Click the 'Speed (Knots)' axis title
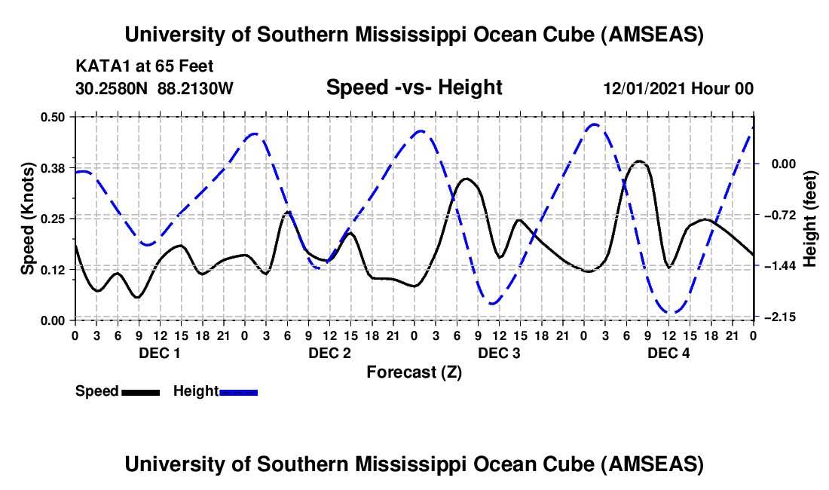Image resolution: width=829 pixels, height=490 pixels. (27, 219)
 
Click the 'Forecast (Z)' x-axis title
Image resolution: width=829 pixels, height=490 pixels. (414, 372)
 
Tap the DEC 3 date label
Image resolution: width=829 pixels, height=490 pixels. (498, 353)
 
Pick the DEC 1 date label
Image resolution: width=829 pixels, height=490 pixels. (159, 353)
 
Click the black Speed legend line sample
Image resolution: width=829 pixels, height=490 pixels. (140, 391)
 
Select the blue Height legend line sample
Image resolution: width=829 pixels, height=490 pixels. (239, 391)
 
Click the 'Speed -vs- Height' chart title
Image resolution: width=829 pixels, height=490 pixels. (414, 87)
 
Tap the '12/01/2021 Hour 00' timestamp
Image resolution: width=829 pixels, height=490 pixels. (678, 89)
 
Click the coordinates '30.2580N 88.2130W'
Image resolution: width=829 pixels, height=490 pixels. (154, 89)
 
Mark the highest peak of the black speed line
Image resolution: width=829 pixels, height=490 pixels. (640, 161)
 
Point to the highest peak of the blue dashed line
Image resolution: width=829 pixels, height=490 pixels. (595, 124)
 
